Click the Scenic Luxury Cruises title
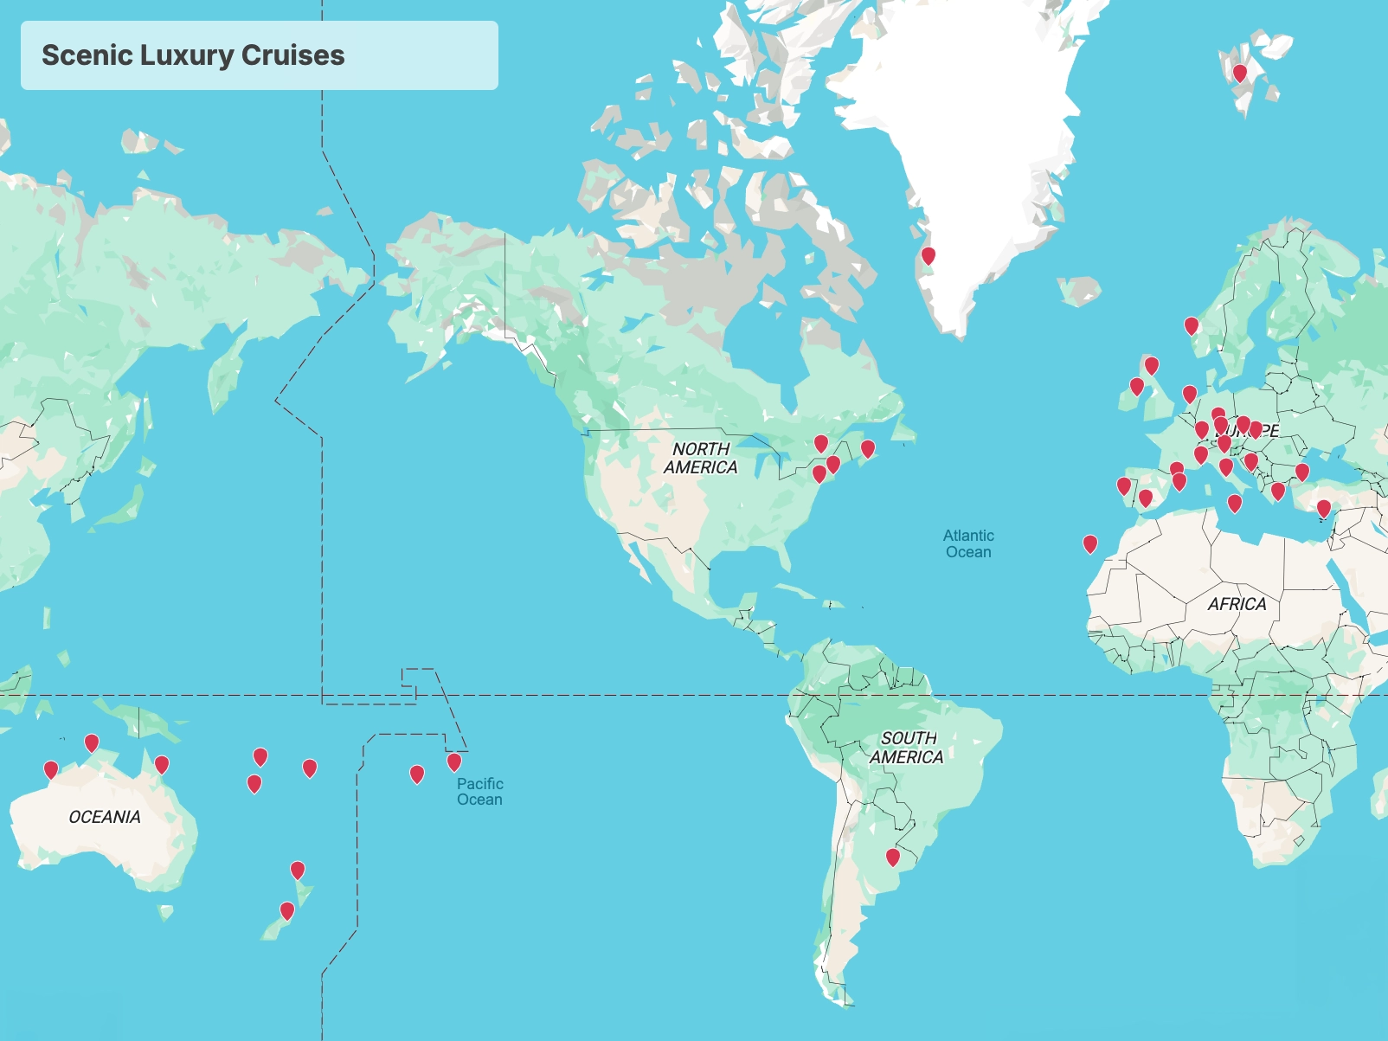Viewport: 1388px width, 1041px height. (x=193, y=55)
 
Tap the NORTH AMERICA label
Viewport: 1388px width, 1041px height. (x=701, y=459)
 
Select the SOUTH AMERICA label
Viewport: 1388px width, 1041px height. (x=907, y=748)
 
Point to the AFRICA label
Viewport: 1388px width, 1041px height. (x=1237, y=604)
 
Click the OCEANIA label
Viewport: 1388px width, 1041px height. (x=105, y=817)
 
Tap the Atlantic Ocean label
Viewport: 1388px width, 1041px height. (x=968, y=544)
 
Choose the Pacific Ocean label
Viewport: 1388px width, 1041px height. (x=480, y=791)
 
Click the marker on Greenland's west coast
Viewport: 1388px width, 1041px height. (x=929, y=256)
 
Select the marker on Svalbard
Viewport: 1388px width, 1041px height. (x=1240, y=74)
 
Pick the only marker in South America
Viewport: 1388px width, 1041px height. (x=893, y=858)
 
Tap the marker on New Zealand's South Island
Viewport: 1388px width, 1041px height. (x=287, y=911)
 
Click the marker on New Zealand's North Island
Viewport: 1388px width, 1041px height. (x=298, y=871)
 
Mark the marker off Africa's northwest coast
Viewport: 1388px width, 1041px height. (x=1090, y=544)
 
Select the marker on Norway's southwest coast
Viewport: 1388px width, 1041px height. (x=1192, y=326)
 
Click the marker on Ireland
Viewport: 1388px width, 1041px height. (x=1137, y=387)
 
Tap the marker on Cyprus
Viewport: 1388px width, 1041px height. (x=1324, y=509)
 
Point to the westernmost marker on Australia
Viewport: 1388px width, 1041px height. (x=51, y=769)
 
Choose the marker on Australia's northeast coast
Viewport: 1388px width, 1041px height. (x=162, y=765)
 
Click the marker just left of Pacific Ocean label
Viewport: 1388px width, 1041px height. (x=454, y=762)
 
